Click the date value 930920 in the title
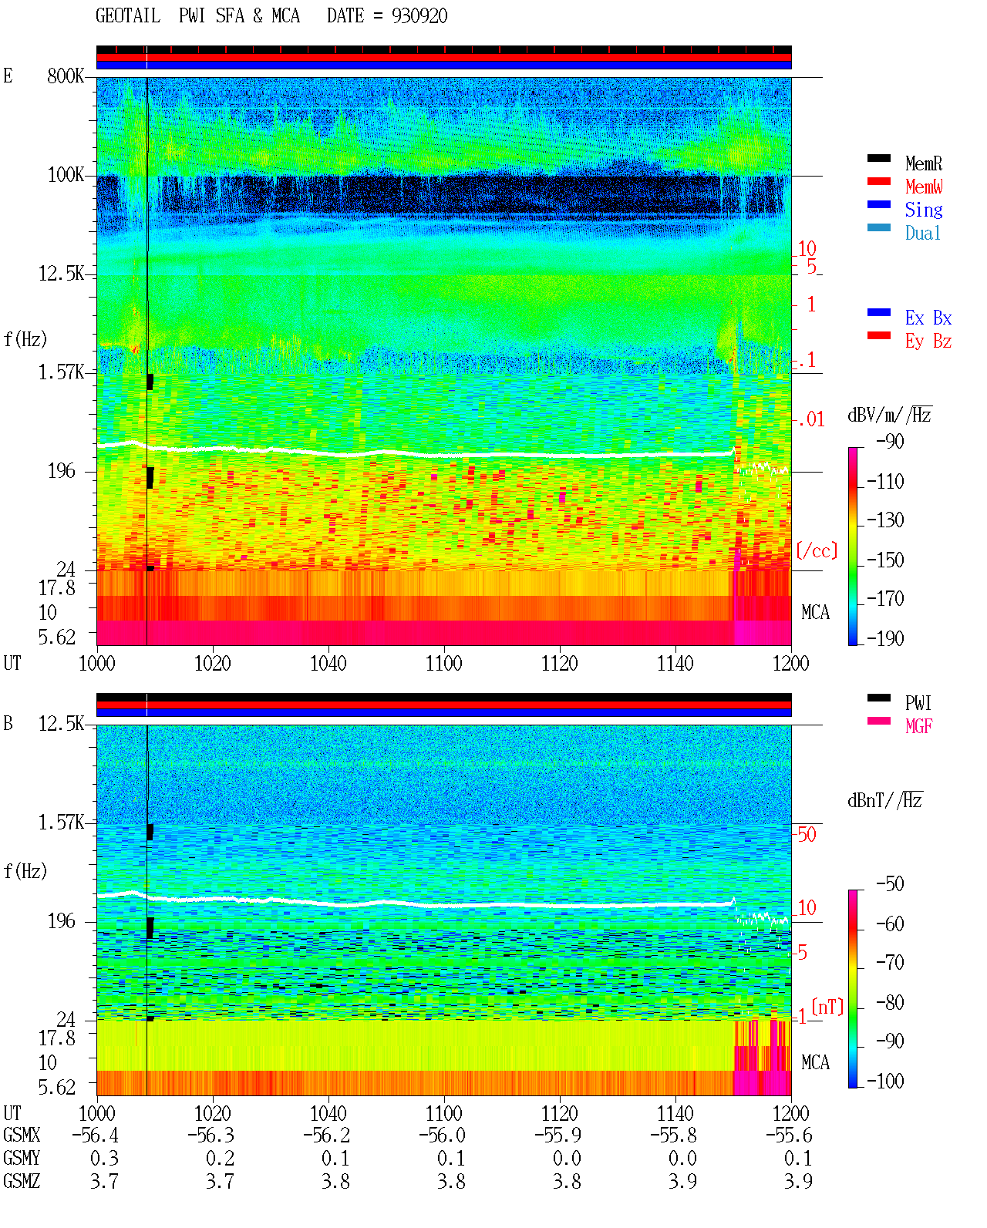(x=419, y=16)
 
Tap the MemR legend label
(x=923, y=163)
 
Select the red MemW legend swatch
(x=878, y=181)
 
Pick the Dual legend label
(x=922, y=233)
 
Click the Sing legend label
(x=923, y=210)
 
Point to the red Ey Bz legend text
(x=928, y=341)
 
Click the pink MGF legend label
(x=918, y=726)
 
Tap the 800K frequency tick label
(x=66, y=76)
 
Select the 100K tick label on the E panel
(x=66, y=175)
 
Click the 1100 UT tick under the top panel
(x=443, y=664)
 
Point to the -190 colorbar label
(x=885, y=638)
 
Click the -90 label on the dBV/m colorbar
(x=890, y=441)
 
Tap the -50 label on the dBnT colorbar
(x=890, y=884)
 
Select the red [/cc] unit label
(x=817, y=550)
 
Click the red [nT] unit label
(x=827, y=1007)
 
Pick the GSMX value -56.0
(x=443, y=1135)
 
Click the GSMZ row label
(x=22, y=1181)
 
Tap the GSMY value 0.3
(x=104, y=1159)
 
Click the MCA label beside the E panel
(x=815, y=612)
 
